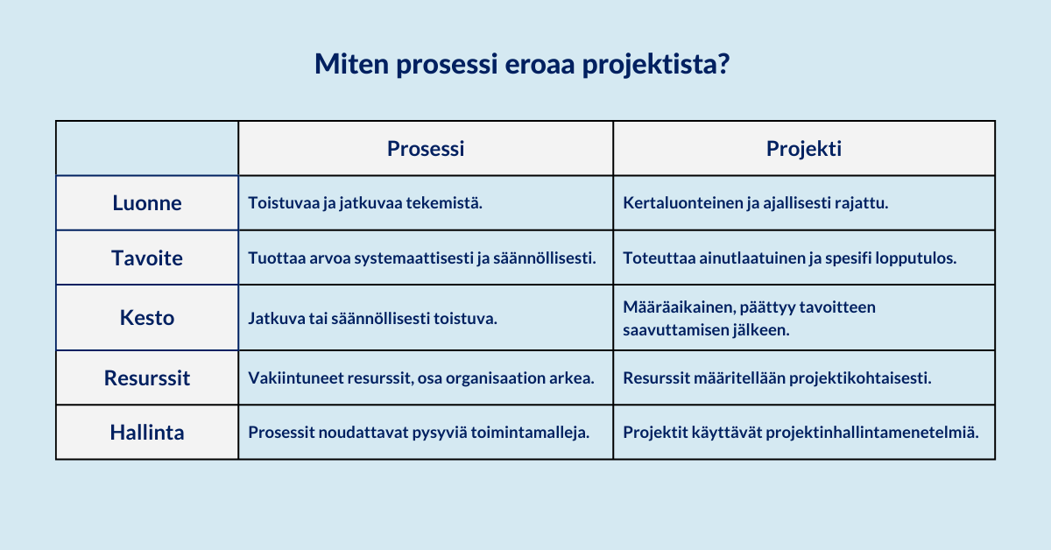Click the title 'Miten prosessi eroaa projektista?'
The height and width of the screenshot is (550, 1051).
[522, 64]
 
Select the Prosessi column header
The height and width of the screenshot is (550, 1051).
[426, 149]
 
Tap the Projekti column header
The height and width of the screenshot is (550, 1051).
[804, 149]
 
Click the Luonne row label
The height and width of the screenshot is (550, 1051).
[147, 202]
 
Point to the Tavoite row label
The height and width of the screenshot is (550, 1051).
[147, 257]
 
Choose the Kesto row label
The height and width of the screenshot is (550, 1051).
[147, 318]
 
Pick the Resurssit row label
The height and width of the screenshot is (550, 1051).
[147, 377]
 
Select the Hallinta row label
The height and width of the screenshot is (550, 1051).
[147, 433]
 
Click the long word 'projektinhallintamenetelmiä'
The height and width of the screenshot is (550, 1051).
[872, 433]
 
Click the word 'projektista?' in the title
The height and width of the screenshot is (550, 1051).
[656, 64]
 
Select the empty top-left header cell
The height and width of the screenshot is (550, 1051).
[147, 148]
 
